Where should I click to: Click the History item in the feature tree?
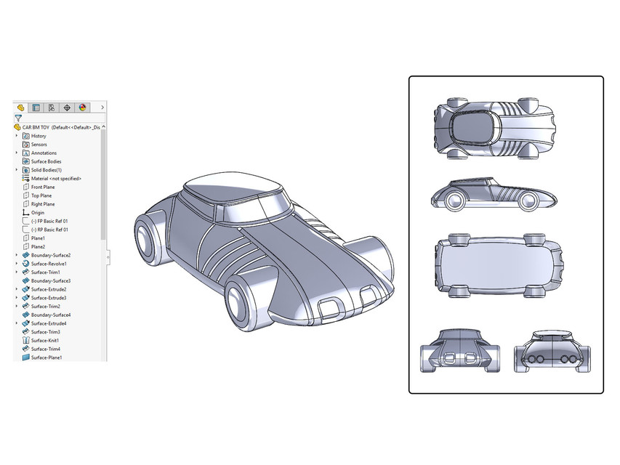click(39, 136)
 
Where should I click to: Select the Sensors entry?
click(39, 145)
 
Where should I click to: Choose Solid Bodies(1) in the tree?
click(46, 170)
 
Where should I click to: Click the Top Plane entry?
click(41, 195)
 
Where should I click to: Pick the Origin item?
click(37, 213)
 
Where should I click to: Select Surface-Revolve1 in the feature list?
click(49, 264)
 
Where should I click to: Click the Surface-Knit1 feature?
click(44, 340)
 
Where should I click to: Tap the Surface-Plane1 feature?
click(46, 357)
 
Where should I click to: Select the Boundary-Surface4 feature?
click(50, 315)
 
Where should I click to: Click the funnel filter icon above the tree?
click(18, 117)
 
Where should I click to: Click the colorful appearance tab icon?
click(82, 107)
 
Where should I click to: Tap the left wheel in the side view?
click(454, 201)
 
